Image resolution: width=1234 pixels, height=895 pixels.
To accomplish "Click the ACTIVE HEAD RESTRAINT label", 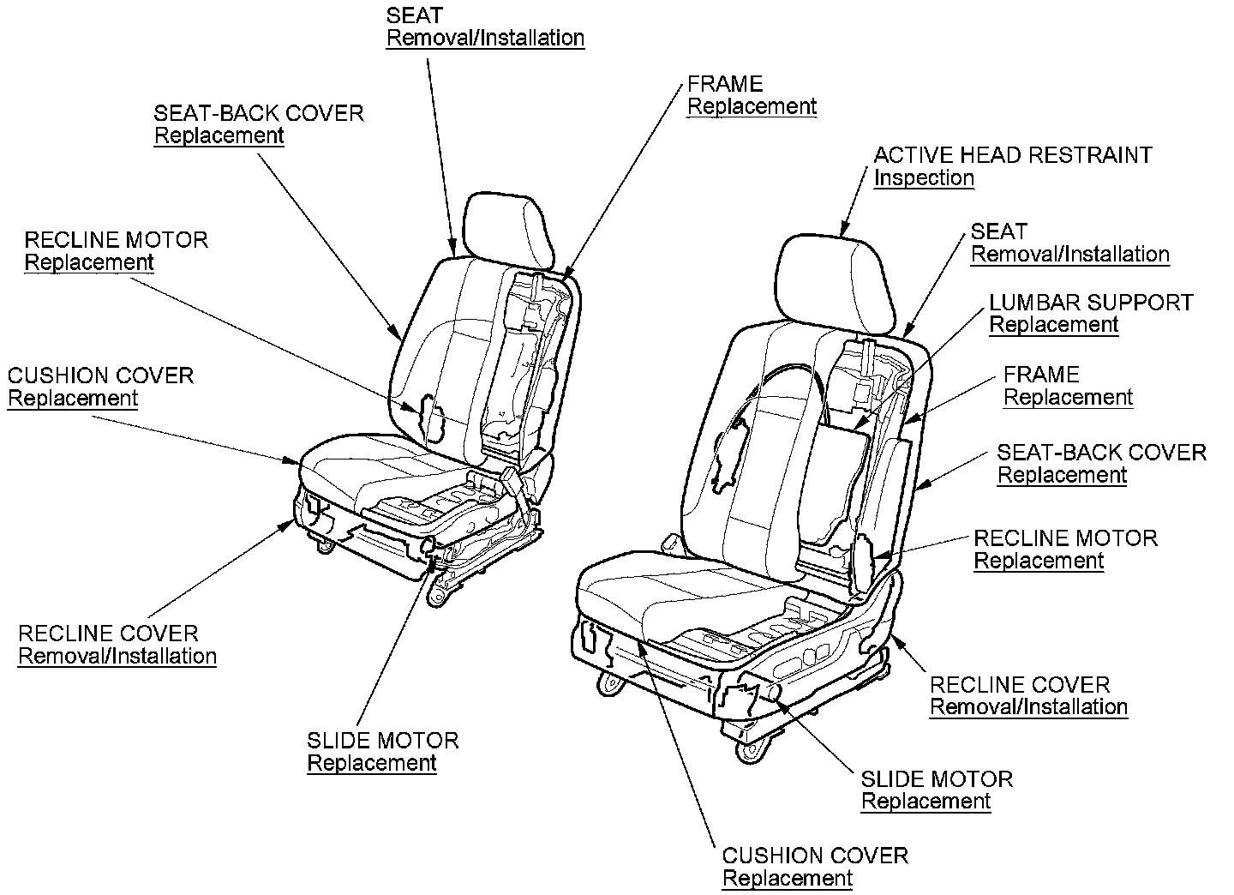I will (1012, 155).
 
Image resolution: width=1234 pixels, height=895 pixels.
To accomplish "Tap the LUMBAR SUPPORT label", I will (1091, 303).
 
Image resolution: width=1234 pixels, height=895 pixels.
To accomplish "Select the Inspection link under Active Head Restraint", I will (924, 178).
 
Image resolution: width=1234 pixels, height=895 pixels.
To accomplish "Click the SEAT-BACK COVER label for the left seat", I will (258, 113).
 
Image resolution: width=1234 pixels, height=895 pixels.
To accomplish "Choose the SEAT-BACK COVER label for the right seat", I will (1101, 453).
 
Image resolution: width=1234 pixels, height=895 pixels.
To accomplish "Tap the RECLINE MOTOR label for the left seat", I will (116, 240).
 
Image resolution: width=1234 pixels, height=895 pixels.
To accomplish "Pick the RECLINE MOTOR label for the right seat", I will (1065, 538).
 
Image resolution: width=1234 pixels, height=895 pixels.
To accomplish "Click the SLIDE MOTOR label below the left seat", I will (382, 741).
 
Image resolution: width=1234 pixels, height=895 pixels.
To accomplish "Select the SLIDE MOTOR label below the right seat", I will (937, 779).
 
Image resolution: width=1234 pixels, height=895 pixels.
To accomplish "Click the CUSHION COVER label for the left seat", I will (100, 375).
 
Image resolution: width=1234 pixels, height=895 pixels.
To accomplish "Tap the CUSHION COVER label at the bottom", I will (815, 856).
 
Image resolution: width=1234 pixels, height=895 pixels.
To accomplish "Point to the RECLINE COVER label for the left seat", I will (108, 634).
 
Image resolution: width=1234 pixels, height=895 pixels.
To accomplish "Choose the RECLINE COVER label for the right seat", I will (1020, 685).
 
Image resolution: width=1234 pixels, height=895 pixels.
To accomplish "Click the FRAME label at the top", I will (725, 84).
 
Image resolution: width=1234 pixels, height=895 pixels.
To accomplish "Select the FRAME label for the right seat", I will (1041, 375).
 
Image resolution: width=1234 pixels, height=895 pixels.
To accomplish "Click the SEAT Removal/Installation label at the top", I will (485, 27).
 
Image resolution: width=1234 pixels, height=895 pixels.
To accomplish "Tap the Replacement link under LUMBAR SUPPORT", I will (1053, 325).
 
